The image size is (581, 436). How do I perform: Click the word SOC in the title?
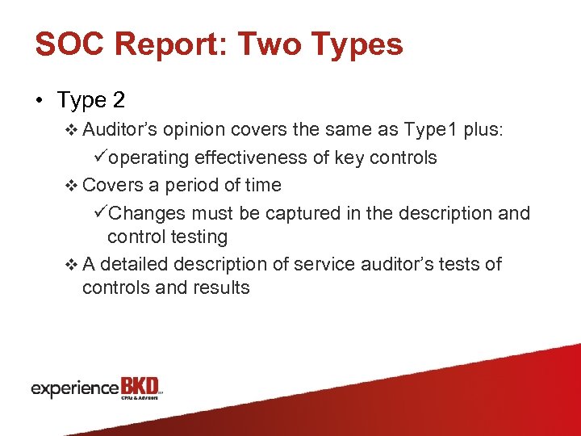[x=69, y=44]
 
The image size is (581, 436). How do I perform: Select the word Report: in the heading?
[x=169, y=44]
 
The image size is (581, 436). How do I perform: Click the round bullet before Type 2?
[x=40, y=101]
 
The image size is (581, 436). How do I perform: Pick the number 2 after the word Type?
[x=119, y=101]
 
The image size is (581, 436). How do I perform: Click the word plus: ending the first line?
[x=483, y=129]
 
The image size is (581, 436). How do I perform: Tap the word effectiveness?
[x=262, y=157]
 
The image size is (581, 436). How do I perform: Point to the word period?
[x=193, y=185]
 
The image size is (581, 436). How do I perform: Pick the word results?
[x=219, y=287]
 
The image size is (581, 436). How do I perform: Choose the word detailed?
[x=134, y=264]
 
